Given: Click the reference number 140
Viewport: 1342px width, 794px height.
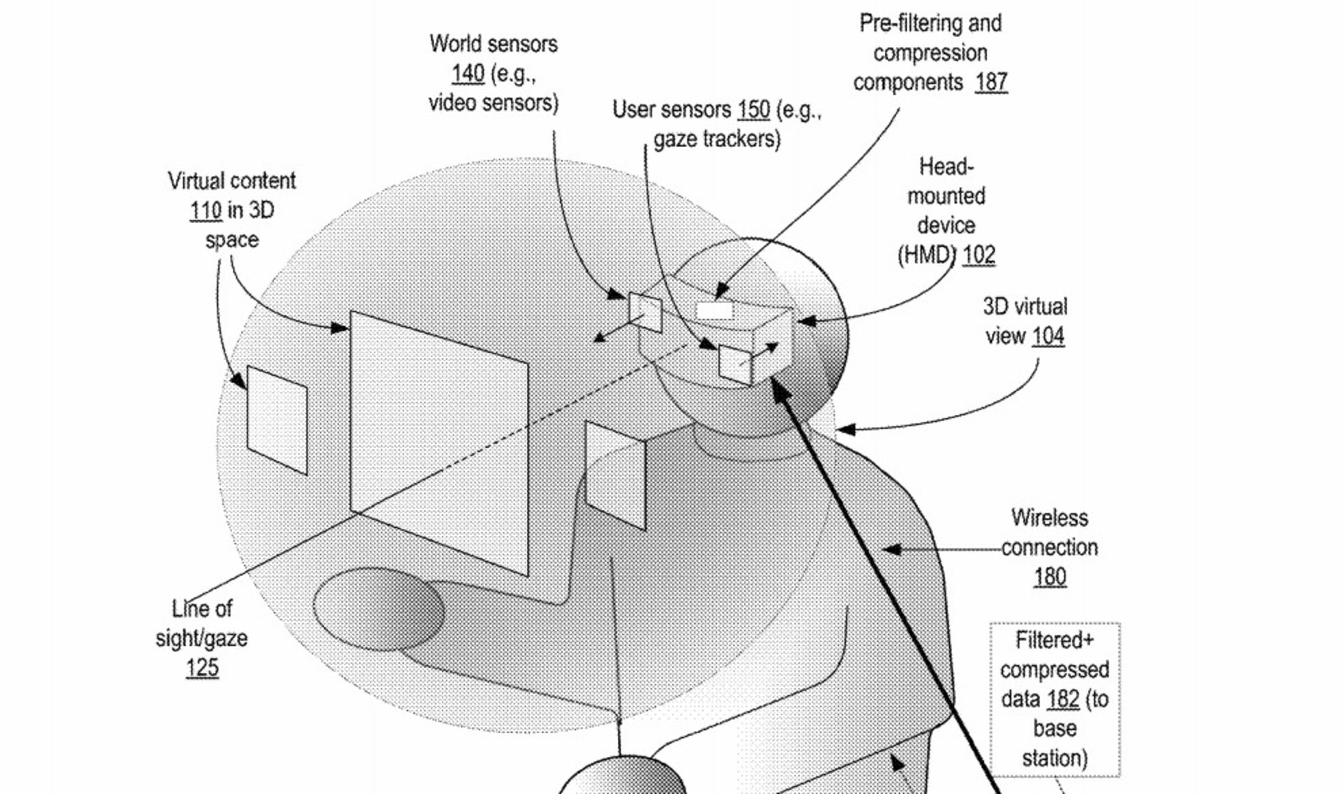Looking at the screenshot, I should click(x=468, y=73).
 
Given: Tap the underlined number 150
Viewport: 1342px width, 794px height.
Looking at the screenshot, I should click(x=753, y=110).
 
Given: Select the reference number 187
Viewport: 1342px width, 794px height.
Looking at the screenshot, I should click(x=991, y=83).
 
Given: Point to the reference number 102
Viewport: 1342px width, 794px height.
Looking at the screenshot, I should click(x=979, y=255).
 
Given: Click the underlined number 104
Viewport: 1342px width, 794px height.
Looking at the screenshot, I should click(x=1048, y=336).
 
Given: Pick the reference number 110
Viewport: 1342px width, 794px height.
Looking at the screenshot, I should click(x=205, y=211).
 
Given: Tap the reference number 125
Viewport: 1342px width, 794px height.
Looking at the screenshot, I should click(x=202, y=668).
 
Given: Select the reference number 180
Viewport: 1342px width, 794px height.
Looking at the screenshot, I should click(x=1050, y=577).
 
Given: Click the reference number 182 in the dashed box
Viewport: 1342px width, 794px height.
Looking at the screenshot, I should click(x=1063, y=700).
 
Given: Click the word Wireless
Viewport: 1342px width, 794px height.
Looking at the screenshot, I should click(x=1049, y=518).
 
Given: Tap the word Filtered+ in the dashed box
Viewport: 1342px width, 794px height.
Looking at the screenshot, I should click(x=1054, y=641).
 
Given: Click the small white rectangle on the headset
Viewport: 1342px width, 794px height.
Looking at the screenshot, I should click(x=714, y=310).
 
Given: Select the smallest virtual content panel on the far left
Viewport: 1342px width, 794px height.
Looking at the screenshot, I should click(x=277, y=420).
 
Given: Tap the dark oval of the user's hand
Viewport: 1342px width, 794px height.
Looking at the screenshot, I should click(x=378, y=608).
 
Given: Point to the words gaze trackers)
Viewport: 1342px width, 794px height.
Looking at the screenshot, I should click(x=716, y=139).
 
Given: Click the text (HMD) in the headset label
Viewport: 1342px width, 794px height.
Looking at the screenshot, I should click(x=926, y=255).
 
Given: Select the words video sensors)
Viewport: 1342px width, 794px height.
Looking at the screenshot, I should click(x=493, y=104).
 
